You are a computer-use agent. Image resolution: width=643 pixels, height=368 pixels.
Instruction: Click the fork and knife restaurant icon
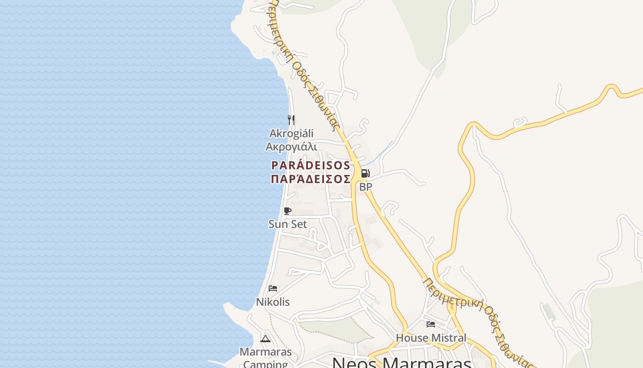(x=291, y=120)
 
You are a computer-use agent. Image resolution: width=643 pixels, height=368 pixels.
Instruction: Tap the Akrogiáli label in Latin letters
(x=291, y=133)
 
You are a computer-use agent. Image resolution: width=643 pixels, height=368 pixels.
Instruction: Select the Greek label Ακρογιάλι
(x=291, y=147)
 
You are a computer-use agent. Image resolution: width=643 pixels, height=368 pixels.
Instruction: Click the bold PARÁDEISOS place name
(x=310, y=166)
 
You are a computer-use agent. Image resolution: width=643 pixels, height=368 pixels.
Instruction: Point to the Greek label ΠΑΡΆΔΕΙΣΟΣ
(x=310, y=179)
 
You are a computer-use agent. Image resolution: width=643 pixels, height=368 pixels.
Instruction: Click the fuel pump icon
(x=365, y=173)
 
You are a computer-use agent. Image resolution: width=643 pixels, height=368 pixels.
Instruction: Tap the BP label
(x=366, y=187)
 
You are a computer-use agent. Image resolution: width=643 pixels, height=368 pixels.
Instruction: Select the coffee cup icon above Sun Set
(x=288, y=211)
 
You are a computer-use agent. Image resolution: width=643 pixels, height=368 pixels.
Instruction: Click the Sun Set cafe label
(x=288, y=224)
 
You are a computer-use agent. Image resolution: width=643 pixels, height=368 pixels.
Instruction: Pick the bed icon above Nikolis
(x=273, y=288)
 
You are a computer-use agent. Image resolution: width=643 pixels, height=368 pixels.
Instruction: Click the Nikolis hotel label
(x=273, y=302)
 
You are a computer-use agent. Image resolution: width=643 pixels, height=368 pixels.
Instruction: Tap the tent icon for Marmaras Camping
(x=265, y=339)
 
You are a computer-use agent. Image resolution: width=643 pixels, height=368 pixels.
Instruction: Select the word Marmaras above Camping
(x=265, y=352)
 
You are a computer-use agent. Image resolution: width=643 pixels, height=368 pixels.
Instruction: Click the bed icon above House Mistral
(x=431, y=324)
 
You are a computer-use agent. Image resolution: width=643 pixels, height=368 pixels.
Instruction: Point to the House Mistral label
(x=431, y=338)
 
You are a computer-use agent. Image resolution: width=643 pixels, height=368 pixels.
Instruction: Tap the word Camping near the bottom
(x=265, y=364)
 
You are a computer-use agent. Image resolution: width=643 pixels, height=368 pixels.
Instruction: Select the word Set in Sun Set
(x=299, y=224)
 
